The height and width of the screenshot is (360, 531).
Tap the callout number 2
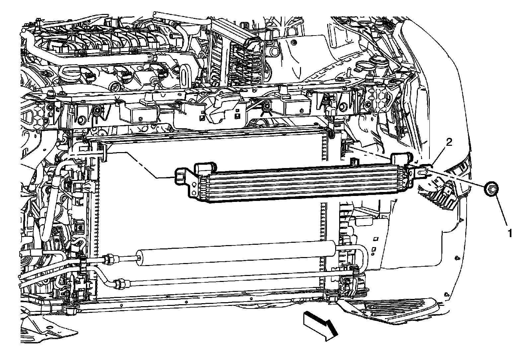pyautogui.click(x=449, y=142)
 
